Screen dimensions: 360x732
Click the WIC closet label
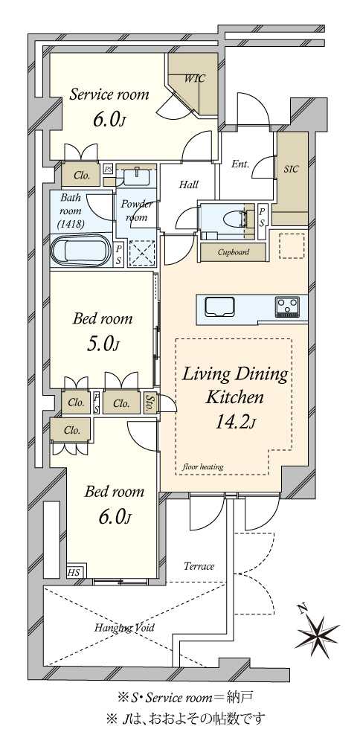(x=194, y=78)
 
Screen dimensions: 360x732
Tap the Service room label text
(x=109, y=94)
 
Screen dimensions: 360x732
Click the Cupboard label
(x=234, y=253)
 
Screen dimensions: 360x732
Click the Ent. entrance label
(x=240, y=164)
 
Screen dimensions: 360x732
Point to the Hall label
(x=189, y=185)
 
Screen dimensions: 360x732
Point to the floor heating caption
(x=203, y=466)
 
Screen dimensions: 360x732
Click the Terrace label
(x=199, y=566)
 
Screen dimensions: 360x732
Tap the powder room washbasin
(x=137, y=177)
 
